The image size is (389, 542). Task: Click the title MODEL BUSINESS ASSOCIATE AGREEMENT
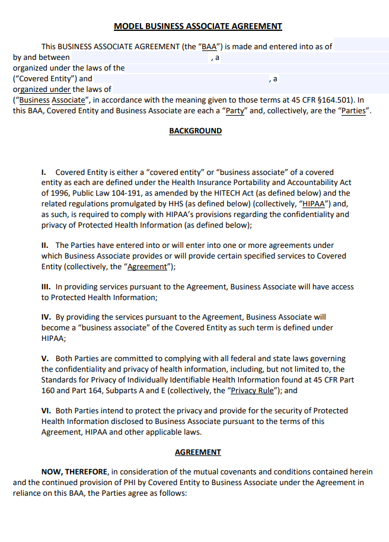pos(197,26)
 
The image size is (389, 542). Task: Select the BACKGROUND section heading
pos(195,131)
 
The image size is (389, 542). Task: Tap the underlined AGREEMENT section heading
pos(197,452)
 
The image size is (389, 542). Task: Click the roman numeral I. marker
pos(44,172)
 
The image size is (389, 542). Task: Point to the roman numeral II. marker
pos(45,245)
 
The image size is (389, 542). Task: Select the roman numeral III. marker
pos(46,286)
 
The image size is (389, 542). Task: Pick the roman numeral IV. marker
pos(46,317)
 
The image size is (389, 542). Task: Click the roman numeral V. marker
pos(45,359)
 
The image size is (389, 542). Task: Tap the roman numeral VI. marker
pos(46,410)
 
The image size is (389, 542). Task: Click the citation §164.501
pos(336,100)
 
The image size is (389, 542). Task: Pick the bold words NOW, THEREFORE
pos(75,472)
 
